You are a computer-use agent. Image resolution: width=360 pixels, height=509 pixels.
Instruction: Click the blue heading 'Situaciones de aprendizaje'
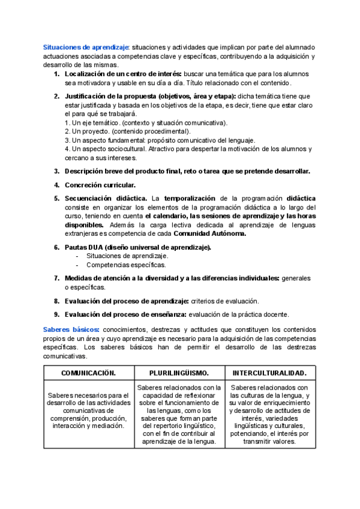click(x=86, y=47)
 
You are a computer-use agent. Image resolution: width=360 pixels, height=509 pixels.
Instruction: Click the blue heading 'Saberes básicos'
click(x=72, y=330)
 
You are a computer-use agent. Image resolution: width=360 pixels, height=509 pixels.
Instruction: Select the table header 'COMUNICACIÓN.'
click(x=88, y=373)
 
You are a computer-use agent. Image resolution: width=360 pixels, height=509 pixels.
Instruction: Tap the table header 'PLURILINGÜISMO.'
click(x=179, y=373)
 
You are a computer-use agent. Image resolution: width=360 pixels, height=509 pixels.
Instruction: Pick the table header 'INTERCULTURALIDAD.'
click(x=269, y=373)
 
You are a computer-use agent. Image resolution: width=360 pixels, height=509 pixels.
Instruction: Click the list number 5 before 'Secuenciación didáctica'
click(x=56, y=198)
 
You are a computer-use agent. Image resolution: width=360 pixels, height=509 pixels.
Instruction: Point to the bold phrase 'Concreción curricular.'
click(x=100, y=185)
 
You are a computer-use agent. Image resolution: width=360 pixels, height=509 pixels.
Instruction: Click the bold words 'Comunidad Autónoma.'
click(x=207, y=234)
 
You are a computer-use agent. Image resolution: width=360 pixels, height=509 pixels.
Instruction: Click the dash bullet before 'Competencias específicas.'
click(x=77, y=265)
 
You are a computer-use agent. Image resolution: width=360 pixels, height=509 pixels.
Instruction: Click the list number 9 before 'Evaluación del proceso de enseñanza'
click(x=56, y=314)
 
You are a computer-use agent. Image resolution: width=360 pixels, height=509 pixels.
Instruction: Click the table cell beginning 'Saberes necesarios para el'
click(x=88, y=411)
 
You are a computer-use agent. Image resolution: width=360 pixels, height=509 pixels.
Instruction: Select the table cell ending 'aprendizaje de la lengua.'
click(x=179, y=415)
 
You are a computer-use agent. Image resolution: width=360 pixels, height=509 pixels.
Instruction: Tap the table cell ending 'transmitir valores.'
click(x=269, y=415)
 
